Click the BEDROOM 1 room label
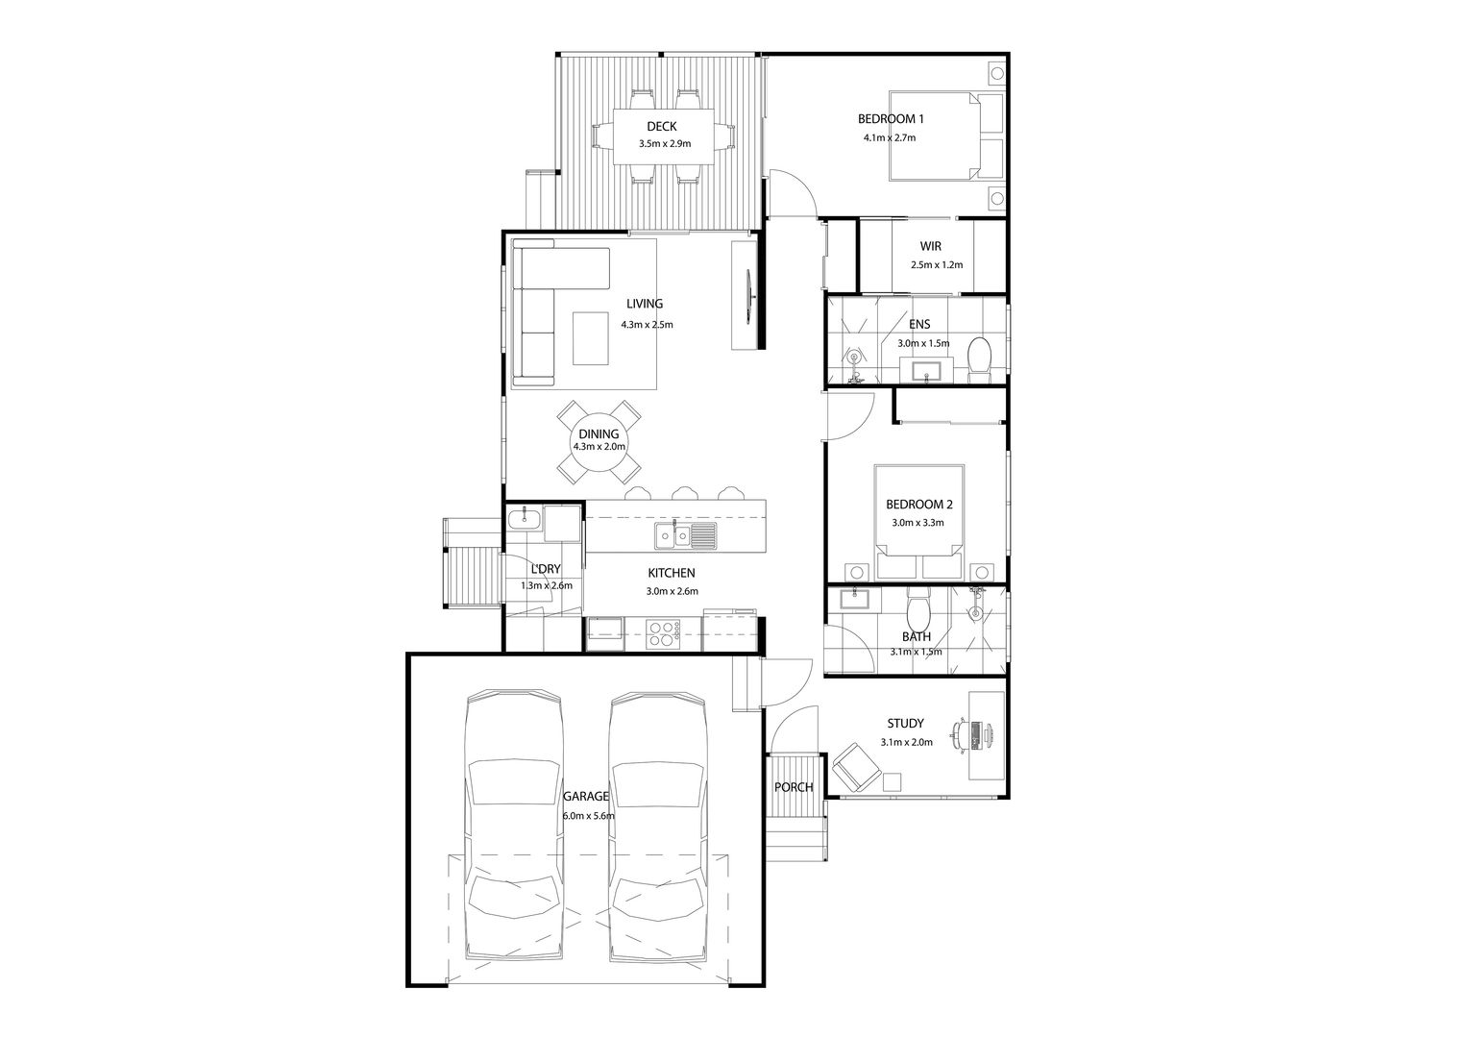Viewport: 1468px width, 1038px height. tap(891, 118)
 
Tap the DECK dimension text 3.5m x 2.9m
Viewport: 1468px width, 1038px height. tap(665, 143)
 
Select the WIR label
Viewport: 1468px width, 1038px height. tap(931, 247)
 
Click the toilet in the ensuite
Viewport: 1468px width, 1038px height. tap(980, 358)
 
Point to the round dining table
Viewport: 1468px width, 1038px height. tap(599, 443)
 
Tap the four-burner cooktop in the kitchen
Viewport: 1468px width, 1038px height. tap(663, 634)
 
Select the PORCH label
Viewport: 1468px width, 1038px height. tap(794, 787)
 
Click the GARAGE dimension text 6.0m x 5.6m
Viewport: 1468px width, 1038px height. tap(589, 816)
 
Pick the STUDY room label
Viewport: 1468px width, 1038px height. tap(906, 724)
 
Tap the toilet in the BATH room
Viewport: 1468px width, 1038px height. tap(917, 607)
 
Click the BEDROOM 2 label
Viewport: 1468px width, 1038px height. tap(918, 505)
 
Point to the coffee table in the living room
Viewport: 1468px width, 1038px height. tap(591, 337)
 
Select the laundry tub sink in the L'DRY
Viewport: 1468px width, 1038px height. tap(525, 518)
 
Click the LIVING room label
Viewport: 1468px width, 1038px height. tap(645, 304)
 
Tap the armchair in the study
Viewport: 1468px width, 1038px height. tap(856, 767)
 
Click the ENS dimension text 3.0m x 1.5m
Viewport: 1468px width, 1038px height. tap(923, 343)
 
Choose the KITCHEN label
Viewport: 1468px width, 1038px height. tap(672, 573)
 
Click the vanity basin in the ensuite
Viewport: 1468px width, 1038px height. tap(927, 370)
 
